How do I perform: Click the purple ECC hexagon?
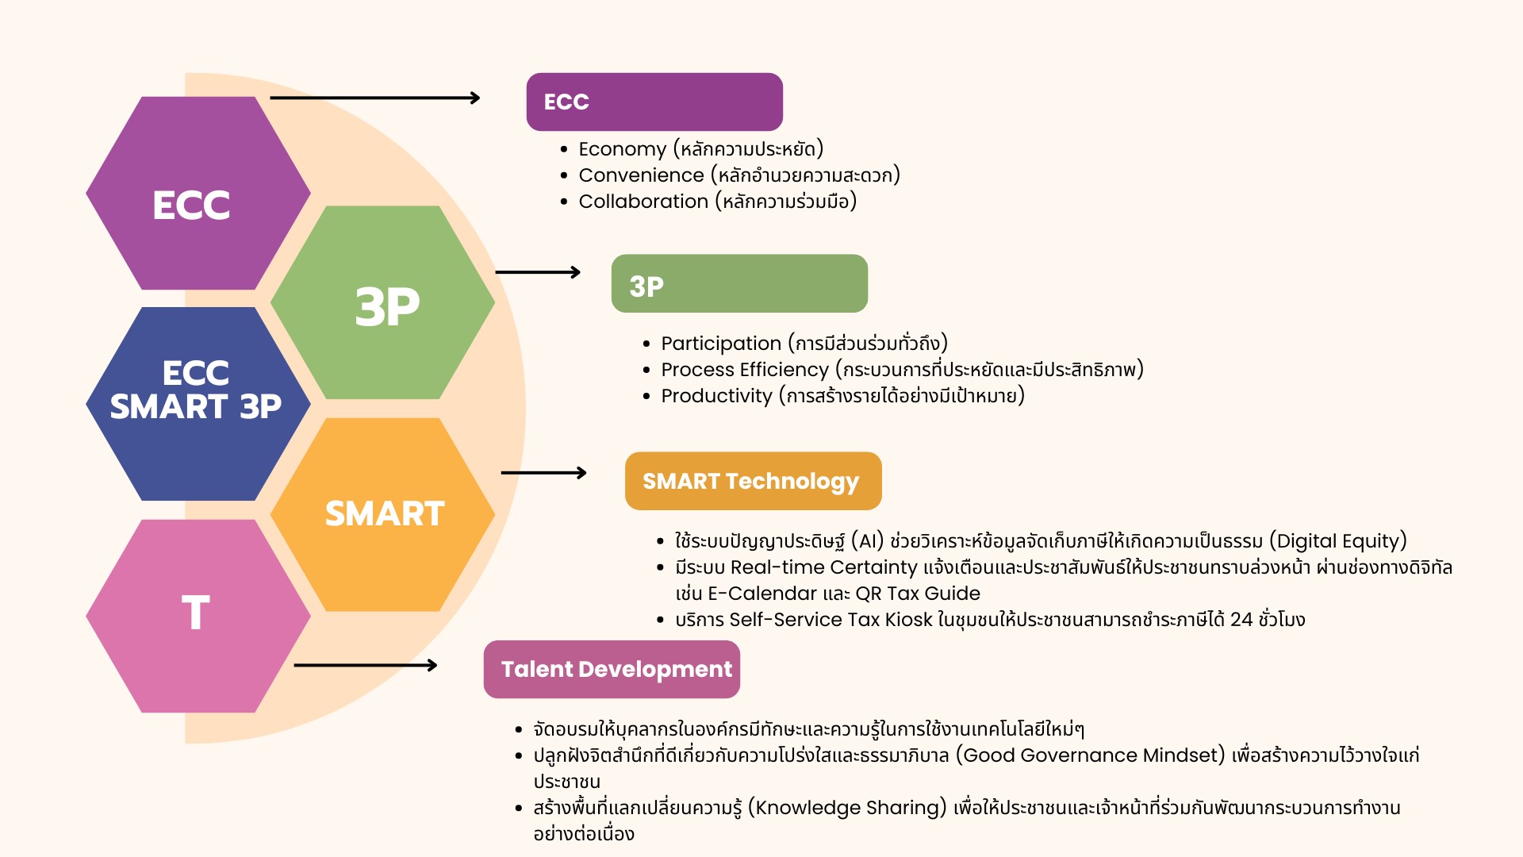(198, 193)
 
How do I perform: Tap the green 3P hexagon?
(382, 302)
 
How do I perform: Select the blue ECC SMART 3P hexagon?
(198, 404)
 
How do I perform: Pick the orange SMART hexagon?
(382, 514)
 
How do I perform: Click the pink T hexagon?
(198, 616)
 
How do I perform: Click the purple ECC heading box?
(654, 102)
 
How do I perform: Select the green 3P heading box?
(739, 283)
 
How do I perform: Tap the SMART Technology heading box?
(754, 481)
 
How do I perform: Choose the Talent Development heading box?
(612, 669)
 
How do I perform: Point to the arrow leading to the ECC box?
(375, 98)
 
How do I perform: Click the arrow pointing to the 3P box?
(538, 272)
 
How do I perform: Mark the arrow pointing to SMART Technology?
(544, 473)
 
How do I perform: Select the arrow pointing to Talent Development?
(366, 665)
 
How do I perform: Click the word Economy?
(623, 149)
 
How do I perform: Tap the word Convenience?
(641, 175)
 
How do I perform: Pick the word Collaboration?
(643, 202)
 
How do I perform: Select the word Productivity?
(716, 396)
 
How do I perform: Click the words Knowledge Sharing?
(847, 808)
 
